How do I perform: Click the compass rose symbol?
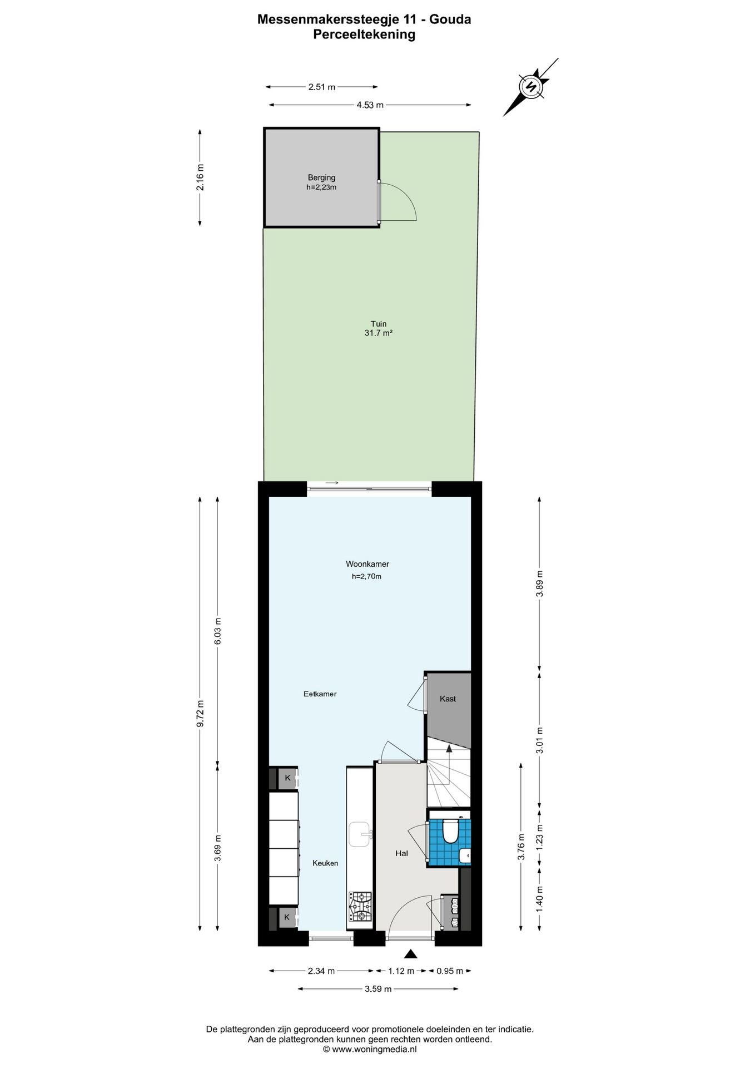click(x=530, y=87)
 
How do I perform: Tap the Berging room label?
click(x=321, y=178)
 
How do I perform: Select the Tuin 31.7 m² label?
click(x=379, y=328)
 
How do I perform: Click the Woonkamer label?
click(x=367, y=564)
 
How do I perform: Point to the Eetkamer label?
click(x=320, y=694)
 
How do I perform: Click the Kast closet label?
click(x=448, y=699)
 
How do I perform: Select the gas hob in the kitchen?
click(x=360, y=907)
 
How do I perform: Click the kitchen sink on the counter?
click(x=360, y=834)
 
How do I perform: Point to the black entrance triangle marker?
click(x=410, y=954)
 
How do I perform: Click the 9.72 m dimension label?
click(x=201, y=713)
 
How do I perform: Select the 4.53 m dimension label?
click(x=370, y=105)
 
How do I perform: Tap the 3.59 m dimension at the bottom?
click(x=378, y=988)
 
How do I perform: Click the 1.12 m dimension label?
click(x=401, y=971)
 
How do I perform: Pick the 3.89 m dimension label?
click(x=539, y=584)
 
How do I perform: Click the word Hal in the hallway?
click(x=401, y=853)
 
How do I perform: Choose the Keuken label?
click(x=325, y=863)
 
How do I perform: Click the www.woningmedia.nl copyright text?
click(x=370, y=1049)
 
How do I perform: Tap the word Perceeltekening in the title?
click(x=364, y=34)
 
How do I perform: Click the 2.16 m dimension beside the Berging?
click(x=200, y=177)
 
